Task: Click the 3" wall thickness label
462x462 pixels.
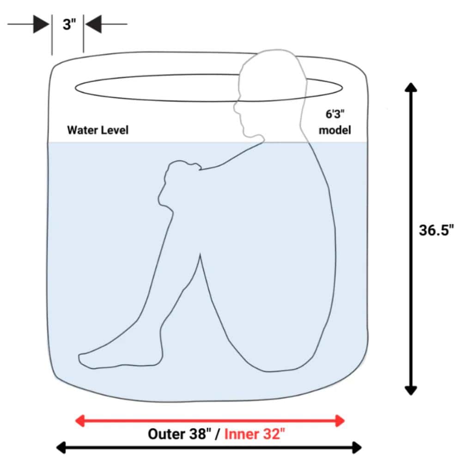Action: pos(69,24)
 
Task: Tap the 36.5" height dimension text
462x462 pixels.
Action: pos(437,230)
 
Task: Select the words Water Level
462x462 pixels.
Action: pos(98,130)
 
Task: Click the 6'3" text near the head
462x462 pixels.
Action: pos(335,114)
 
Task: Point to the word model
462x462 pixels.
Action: pos(335,130)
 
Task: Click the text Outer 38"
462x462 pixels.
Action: pos(179,434)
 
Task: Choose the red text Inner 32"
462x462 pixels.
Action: pos(255,434)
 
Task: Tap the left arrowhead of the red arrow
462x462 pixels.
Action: pos(80,420)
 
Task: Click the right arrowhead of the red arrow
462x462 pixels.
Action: pos(340,420)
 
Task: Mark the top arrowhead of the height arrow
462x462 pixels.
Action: pos(411,87)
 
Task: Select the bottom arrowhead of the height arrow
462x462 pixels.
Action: pos(411,390)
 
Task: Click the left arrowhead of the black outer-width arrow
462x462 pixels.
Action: pos(61,448)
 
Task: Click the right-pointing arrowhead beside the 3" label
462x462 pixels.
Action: pos(41,24)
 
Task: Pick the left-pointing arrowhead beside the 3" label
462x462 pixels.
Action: pos(93,24)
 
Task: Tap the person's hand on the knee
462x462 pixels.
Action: pos(180,171)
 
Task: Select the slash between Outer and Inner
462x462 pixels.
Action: pos(218,434)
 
